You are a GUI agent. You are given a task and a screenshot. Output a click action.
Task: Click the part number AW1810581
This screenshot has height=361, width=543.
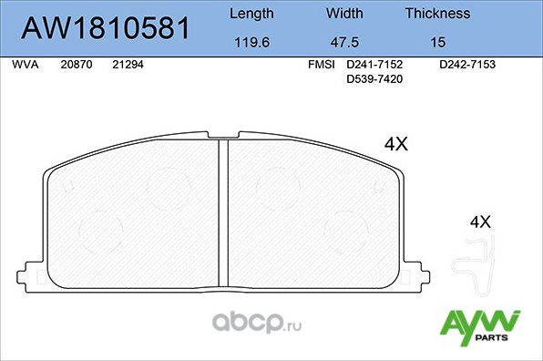106,29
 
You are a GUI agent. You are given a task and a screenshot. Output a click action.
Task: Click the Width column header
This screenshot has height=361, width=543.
344,14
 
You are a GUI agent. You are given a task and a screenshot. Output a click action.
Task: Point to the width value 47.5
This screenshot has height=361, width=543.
344,42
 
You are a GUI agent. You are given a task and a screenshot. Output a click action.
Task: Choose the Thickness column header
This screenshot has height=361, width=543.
437,14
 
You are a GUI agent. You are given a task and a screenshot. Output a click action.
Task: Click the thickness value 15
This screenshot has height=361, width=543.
437,42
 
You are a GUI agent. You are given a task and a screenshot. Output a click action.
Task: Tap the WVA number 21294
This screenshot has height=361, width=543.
127,66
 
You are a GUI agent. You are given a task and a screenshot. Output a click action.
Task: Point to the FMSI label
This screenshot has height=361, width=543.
322,66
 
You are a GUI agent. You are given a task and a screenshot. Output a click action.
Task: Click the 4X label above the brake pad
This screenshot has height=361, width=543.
396,144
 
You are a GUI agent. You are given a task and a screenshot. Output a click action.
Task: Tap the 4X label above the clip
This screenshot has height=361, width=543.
479,222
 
